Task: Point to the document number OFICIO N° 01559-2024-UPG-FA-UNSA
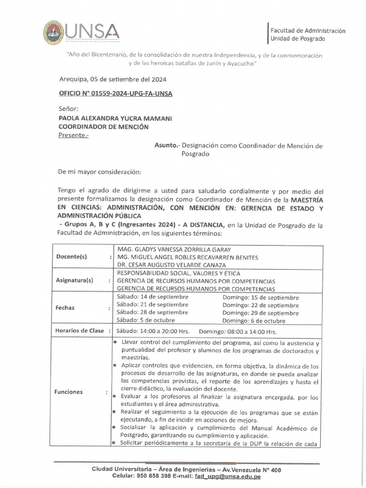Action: (x=115, y=93)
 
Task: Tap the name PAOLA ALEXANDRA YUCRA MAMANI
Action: (x=115, y=118)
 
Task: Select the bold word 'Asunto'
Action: (x=165, y=146)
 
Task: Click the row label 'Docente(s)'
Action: (x=71, y=256)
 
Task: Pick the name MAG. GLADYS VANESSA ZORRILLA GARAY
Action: (x=174, y=249)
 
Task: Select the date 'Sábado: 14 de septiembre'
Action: (x=152, y=297)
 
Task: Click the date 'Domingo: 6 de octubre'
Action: (x=254, y=321)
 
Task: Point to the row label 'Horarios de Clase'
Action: (x=79, y=331)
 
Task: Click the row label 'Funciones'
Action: (x=69, y=392)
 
